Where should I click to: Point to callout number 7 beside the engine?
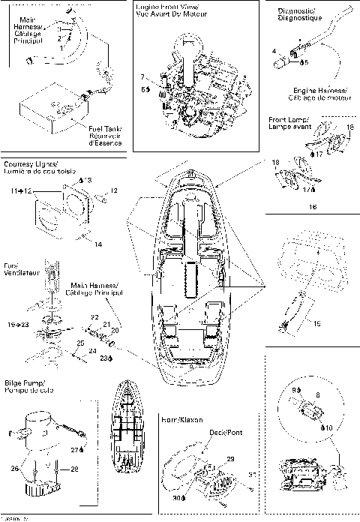point(142,77)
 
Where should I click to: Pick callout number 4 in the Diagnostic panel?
point(274,51)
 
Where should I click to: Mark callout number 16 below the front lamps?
point(313,204)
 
